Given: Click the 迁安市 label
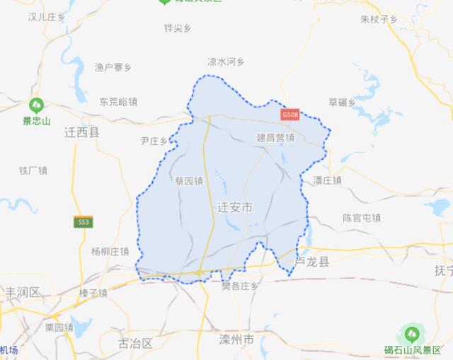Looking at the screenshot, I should [x=234, y=208].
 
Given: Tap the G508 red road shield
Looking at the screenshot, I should [x=290, y=114].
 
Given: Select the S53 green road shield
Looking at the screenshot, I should [x=84, y=222].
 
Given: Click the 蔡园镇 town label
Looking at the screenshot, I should [x=188, y=180].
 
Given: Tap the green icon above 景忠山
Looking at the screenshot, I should [x=36, y=106].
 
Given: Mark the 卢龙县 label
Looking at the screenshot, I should [x=312, y=262].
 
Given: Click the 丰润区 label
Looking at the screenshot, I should [x=23, y=292].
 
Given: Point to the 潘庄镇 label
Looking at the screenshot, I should [x=327, y=180].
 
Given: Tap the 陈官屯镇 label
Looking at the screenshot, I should [x=362, y=218].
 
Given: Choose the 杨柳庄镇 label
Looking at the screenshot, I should [x=110, y=251].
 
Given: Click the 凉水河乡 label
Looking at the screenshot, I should [x=225, y=62].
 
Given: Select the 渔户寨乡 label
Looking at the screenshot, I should [x=113, y=67].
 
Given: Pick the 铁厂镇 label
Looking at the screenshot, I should [x=33, y=170].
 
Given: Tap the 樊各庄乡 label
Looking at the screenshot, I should [x=240, y=286].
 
